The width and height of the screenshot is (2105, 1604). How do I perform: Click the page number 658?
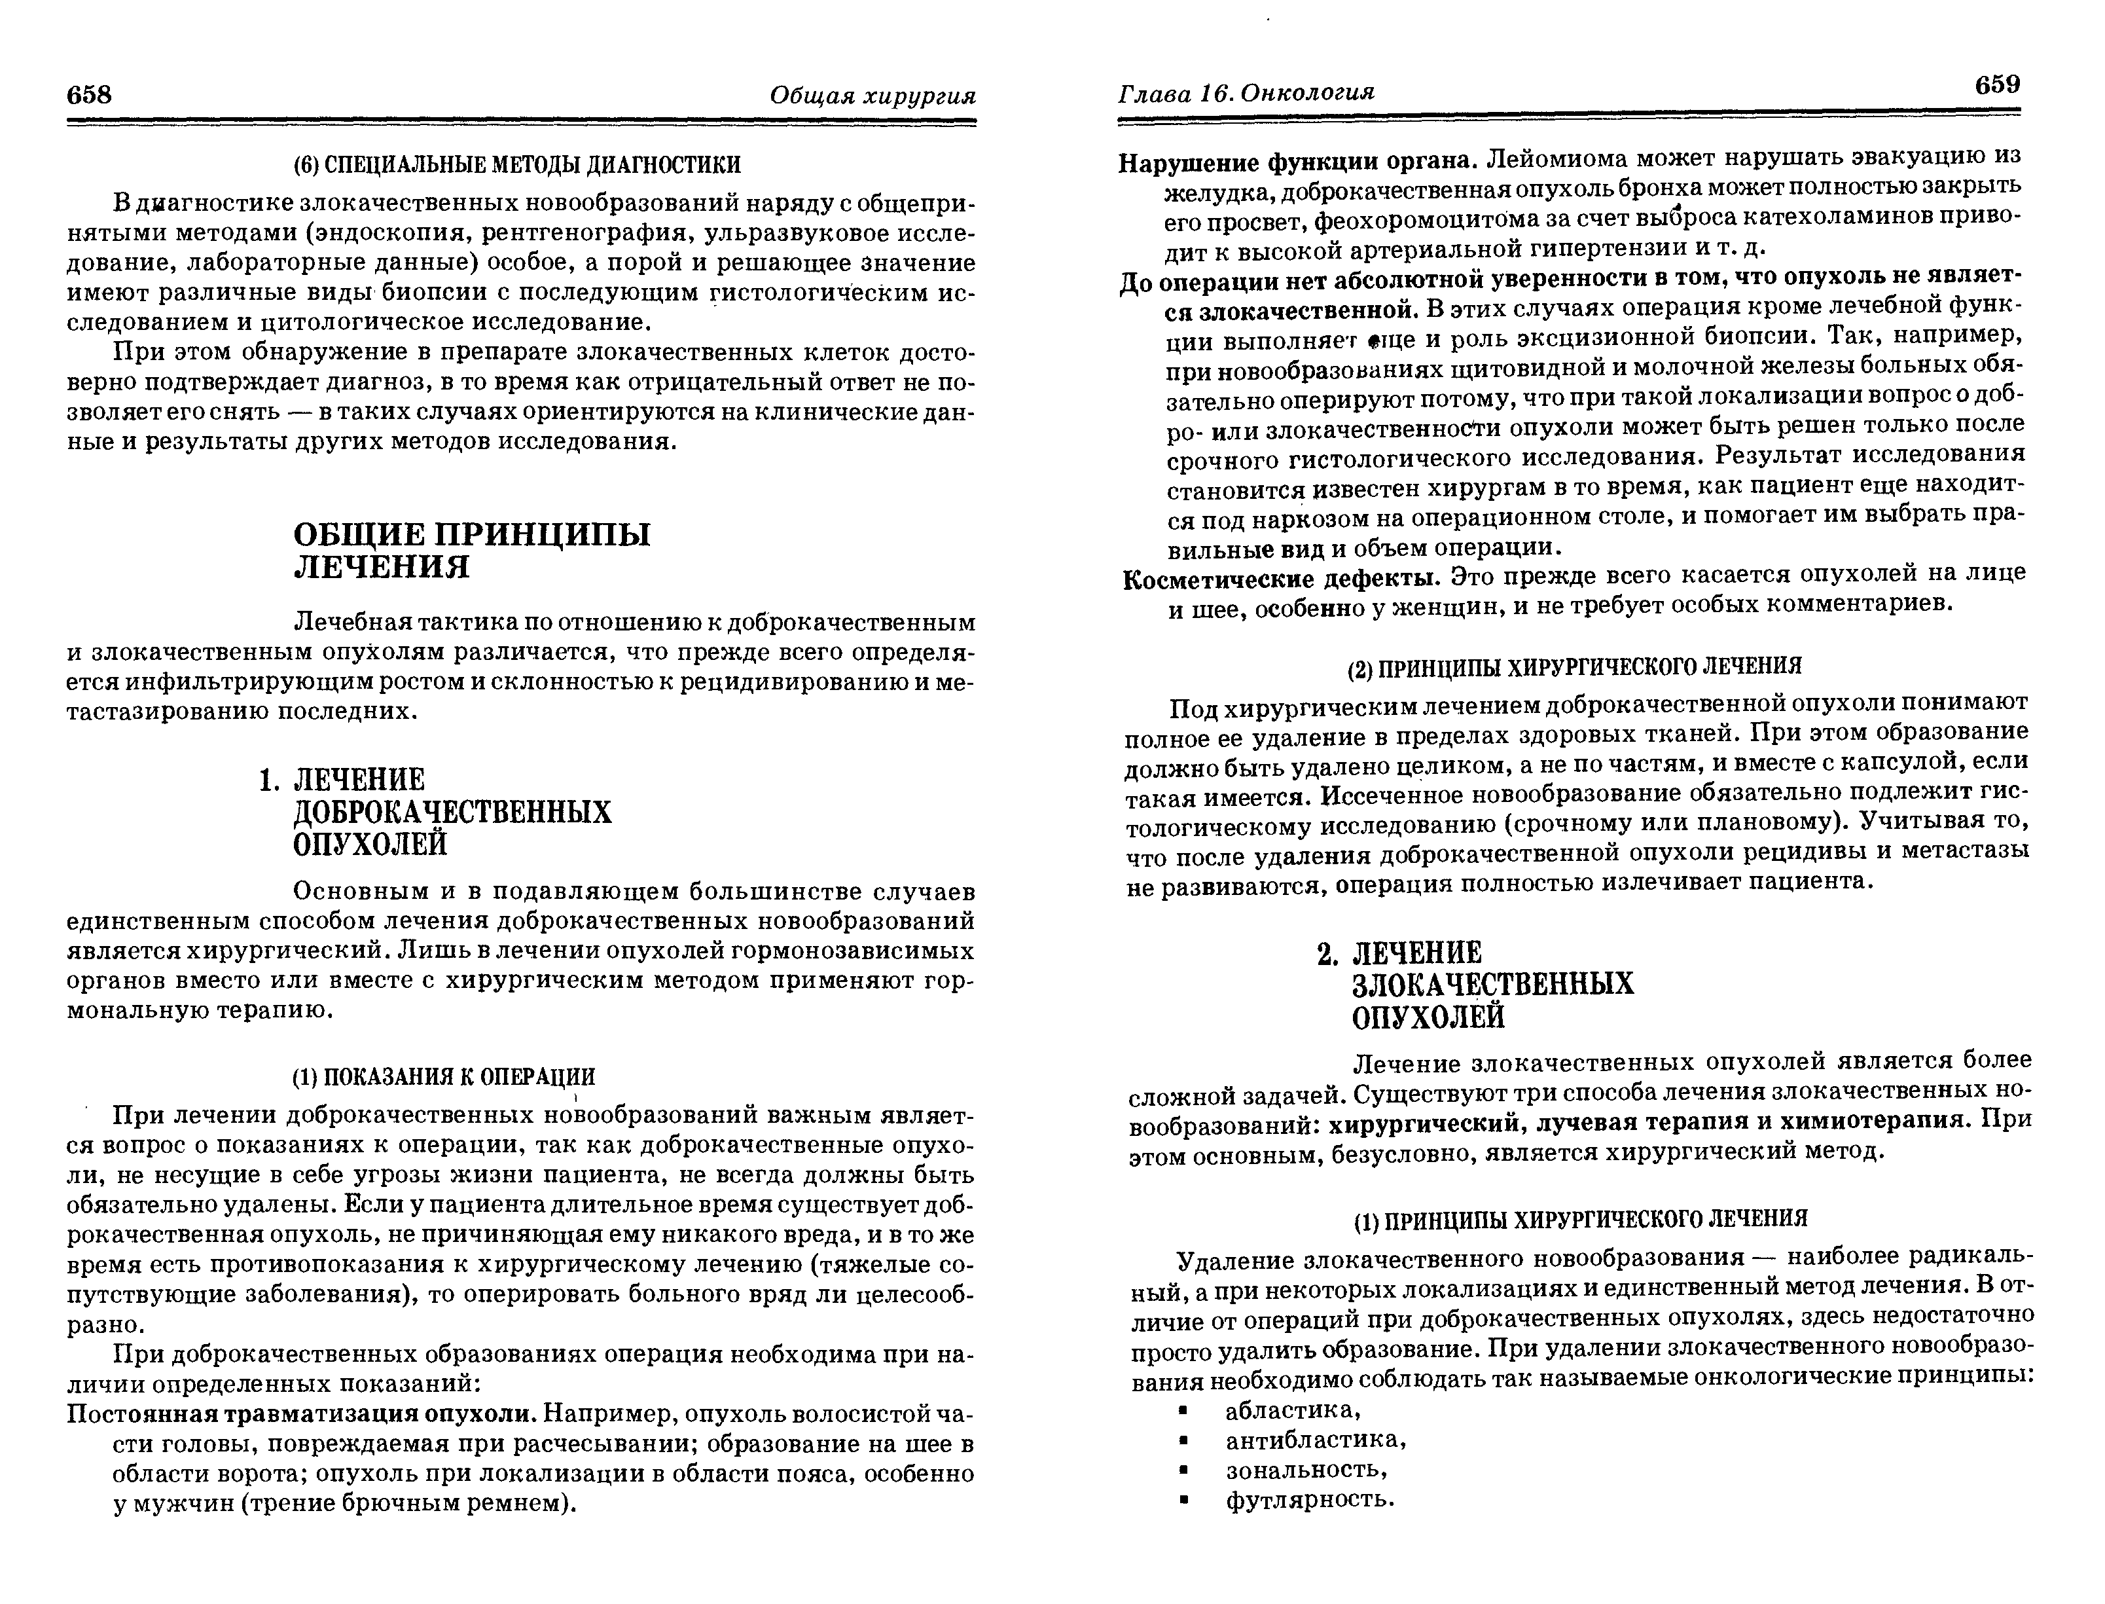90,94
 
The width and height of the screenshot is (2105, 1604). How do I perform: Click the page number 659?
1997,85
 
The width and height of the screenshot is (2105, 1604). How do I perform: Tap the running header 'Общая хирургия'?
873,96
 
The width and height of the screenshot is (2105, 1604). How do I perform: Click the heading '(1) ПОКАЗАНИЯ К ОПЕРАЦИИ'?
443,1077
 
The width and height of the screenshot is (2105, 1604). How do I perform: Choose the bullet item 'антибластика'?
1316,1440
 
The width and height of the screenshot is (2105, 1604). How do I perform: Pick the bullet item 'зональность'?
1306,1469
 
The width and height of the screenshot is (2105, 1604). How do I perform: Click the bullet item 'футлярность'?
1310,1499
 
